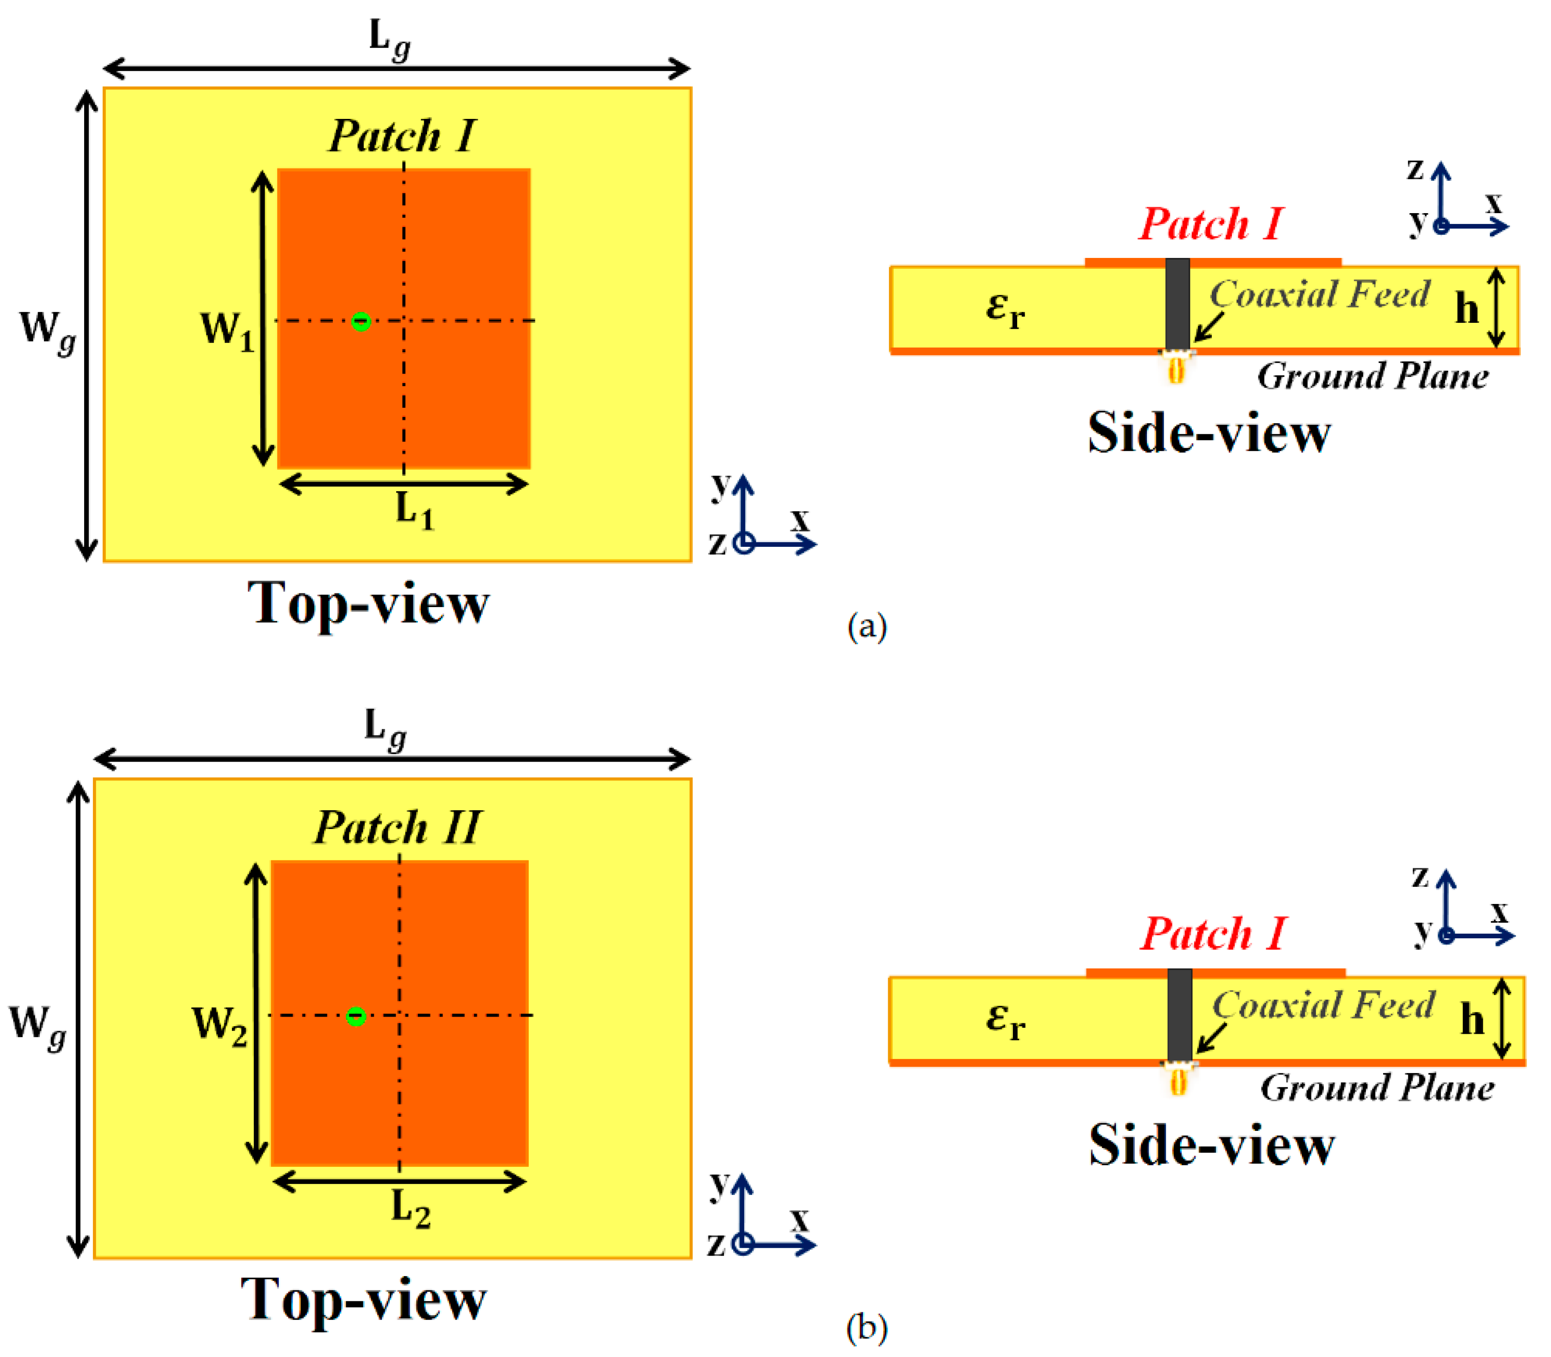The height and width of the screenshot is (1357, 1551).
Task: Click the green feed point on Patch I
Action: tap(361, 321)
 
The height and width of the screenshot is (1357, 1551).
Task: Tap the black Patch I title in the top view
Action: tap(402, 136)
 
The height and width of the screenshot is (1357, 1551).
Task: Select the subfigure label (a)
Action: tap(866, 627)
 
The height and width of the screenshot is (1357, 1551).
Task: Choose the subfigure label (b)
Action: tap(866, 1327)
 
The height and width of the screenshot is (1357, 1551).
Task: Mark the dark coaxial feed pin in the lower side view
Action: tap(1179, 1015)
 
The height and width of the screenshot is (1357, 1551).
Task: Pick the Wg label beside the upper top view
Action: tap(47, 330)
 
